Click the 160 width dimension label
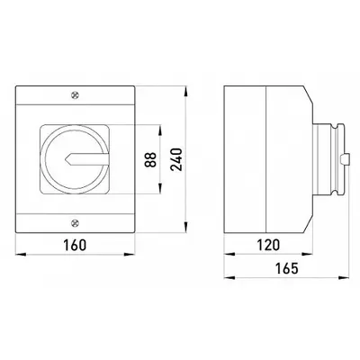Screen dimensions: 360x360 point(75,245)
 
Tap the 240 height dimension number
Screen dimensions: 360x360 point(176,159)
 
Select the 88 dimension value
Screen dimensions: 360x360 point(150,159)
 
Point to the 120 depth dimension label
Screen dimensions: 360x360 point(268,245)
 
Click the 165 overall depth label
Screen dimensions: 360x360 point(287,268)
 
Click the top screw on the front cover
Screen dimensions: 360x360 point(75,95)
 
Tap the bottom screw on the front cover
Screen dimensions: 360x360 point(75,223)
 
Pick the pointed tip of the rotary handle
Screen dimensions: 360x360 point(65,159)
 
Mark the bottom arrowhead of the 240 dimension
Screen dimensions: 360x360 point(186,228)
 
